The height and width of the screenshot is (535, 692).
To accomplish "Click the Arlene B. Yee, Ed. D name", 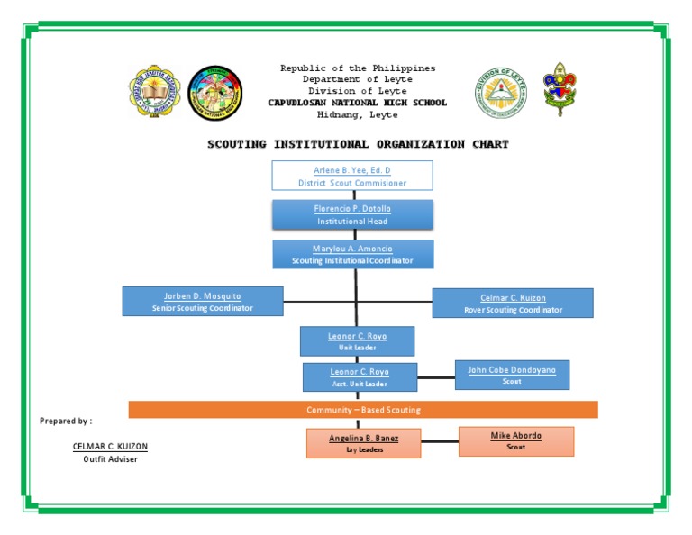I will point(352,169).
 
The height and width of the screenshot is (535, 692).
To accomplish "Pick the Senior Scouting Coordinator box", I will point(203,301).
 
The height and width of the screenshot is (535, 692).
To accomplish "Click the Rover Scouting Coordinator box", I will point(513,303).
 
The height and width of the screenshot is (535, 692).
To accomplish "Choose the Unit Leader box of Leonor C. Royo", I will point(357,341).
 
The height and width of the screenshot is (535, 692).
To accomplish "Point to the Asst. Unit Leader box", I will point(360,377).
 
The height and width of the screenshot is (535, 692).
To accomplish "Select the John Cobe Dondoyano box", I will point(512,375).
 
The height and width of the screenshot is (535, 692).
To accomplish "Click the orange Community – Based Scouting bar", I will point(363,410).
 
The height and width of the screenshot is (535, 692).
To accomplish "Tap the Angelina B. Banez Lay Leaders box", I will point(363,443).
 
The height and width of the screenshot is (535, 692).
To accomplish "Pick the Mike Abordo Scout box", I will point(515,441).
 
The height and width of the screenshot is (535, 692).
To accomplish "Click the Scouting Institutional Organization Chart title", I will point(358,144).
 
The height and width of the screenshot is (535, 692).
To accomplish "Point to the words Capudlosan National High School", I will point(357,103).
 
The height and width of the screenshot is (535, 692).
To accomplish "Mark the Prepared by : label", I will point(66,421).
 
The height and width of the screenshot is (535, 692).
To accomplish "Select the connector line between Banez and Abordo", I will point(440,441).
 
